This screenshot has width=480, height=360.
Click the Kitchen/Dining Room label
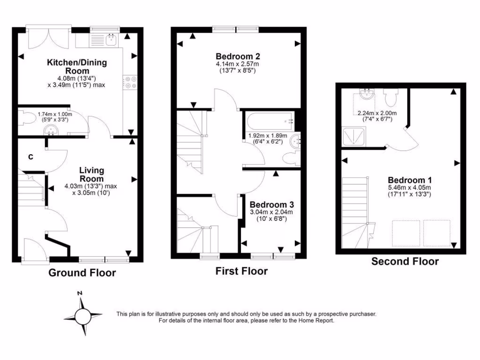76,66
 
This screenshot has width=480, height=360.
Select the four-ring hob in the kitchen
130,82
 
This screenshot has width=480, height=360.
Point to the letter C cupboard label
30,157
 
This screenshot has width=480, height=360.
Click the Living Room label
91,174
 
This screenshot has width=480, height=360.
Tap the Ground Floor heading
82,273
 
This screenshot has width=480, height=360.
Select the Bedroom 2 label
237,55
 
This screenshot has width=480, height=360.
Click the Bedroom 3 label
271,205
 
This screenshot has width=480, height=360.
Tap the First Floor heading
241,271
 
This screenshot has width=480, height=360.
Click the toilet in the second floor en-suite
390,97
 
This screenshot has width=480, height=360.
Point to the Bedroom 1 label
410,180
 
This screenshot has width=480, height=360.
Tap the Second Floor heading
405,262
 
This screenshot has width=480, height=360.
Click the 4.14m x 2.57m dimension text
237,64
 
